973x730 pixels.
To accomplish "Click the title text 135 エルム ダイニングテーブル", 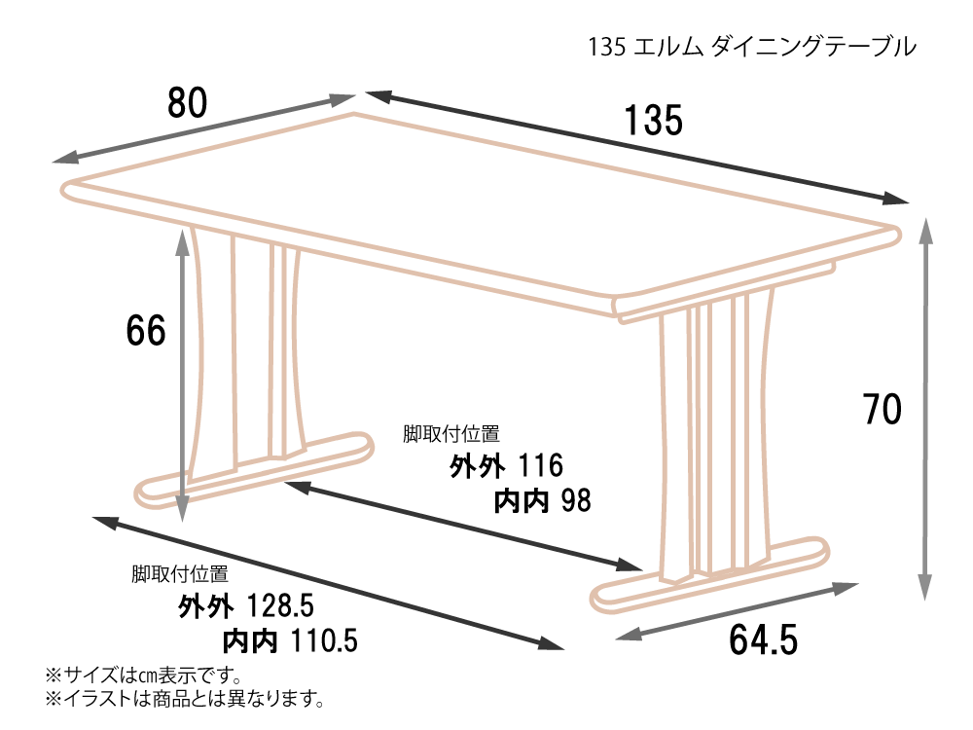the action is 752,47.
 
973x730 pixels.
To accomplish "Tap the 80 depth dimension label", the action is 188,102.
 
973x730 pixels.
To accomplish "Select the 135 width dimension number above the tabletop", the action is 653,121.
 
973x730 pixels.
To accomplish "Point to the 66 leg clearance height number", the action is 146,330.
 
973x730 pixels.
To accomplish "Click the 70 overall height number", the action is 883,410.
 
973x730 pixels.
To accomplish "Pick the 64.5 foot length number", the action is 763,640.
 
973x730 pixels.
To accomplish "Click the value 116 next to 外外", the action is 540,465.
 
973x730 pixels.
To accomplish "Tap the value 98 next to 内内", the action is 576,500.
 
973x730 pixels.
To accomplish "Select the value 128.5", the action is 280,605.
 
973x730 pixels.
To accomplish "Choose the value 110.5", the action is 324,640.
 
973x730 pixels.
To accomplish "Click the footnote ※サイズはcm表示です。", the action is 144,675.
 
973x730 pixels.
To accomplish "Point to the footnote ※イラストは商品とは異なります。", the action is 185,699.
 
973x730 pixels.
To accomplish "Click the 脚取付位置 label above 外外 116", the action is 451,434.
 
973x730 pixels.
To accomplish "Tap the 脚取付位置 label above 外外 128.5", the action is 180,574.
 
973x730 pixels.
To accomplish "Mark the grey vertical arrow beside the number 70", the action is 924,409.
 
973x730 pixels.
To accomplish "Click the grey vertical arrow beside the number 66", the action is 182,376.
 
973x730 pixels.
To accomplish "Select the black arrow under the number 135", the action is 637,148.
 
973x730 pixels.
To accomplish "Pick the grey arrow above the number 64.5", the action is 738,611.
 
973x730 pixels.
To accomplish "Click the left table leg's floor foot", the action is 254,469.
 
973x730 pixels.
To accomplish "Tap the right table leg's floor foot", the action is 710,575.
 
